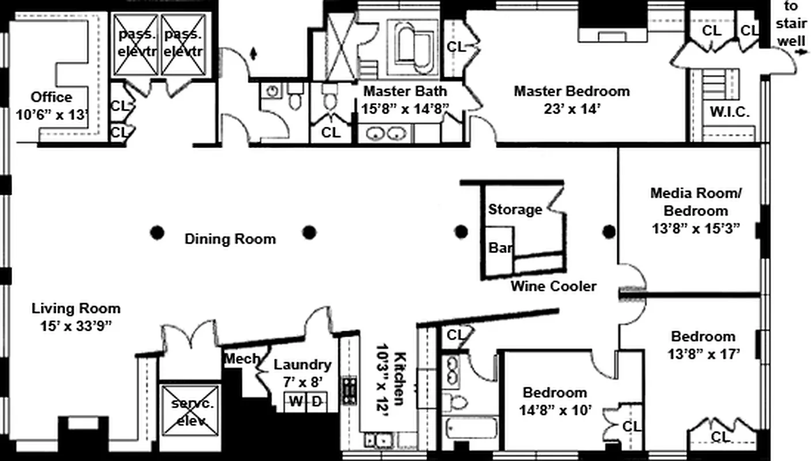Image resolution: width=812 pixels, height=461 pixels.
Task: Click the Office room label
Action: [52, 97]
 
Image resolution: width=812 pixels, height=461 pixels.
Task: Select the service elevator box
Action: [189, 411]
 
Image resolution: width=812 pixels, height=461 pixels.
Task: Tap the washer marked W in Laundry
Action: [295, 402]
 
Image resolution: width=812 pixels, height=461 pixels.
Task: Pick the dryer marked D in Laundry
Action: [317, 402]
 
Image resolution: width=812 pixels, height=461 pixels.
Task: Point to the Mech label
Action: [242, 359]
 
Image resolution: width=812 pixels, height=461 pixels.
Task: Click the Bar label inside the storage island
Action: [500, 248]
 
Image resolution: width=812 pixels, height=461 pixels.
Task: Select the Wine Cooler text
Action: [553, 286]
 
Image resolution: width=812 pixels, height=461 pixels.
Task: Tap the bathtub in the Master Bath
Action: [412, 48]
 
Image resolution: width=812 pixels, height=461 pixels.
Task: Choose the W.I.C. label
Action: [730, 112]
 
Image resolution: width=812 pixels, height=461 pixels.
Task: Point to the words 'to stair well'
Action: [791, 24]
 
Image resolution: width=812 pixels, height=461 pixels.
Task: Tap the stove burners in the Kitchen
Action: [350, 391]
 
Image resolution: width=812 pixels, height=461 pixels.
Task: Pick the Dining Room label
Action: [230, 239]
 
